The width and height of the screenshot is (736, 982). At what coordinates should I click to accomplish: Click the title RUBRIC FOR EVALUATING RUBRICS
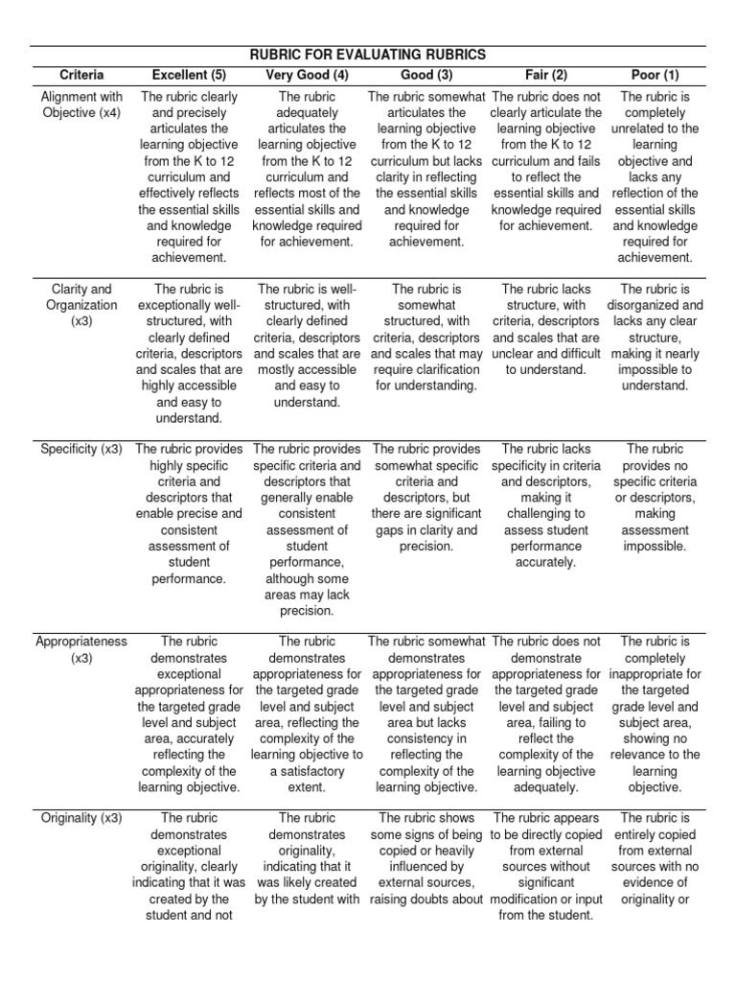click(367, 55)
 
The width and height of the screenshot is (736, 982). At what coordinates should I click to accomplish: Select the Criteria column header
click(81, 75)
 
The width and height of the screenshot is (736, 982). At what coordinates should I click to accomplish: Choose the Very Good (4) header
click(307, 75)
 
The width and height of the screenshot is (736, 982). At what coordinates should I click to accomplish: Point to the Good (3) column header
click(425, 75)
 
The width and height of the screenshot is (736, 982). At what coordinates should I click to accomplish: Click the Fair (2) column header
click(546, 75)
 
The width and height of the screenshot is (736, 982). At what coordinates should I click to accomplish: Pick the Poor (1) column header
click(656, 75)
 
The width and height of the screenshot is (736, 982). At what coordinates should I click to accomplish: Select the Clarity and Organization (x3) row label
click(81, 305)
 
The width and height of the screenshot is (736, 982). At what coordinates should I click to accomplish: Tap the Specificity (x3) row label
click(81, 449)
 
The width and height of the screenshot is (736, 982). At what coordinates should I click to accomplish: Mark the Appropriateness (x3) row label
click(81, 649)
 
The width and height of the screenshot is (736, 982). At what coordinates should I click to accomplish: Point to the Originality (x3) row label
click(81, 818)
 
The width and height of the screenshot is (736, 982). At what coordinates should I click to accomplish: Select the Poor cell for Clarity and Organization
click(656, 337)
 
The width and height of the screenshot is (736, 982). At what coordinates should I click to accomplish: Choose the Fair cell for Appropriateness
click(546, 713)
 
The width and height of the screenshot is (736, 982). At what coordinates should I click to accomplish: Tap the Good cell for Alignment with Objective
click(425, 169)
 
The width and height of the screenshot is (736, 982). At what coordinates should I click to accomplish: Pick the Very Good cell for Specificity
click(307, 529)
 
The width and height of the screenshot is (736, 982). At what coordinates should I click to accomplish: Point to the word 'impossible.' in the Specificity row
click(656, 546)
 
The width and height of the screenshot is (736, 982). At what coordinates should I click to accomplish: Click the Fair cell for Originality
click(546, 866)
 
